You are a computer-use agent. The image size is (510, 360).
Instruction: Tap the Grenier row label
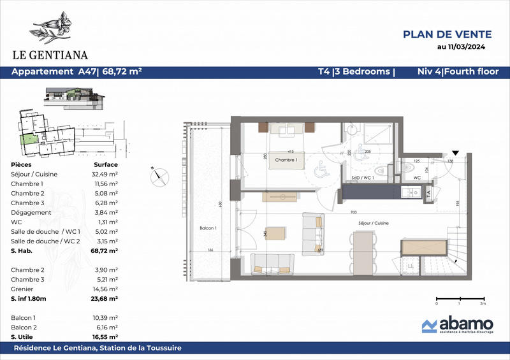(23, 289)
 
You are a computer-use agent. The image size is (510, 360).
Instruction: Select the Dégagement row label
(28, 212)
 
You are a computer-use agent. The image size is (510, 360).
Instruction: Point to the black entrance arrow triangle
(455, 154)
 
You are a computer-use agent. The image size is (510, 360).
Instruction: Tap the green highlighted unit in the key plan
(27, 139)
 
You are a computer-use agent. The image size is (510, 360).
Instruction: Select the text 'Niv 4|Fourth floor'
(457, 72)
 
